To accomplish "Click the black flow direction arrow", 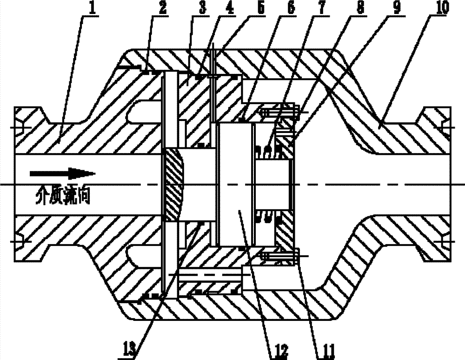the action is tap(62, 174).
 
